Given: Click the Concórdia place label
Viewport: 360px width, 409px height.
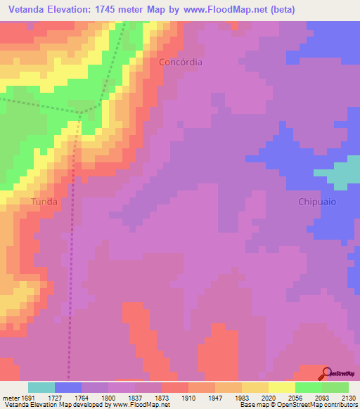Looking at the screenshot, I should coord(181,62).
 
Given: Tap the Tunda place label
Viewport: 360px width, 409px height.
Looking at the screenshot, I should coord(44,201).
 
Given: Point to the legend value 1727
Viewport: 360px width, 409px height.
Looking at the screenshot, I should coord(55,397).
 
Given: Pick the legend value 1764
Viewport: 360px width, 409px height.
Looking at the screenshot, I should coord(82,397).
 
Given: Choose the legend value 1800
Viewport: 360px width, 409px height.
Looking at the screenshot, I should coord(108,397).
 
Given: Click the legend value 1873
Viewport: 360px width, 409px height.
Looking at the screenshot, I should coord(162,397).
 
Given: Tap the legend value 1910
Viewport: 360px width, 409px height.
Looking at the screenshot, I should coord(188,397).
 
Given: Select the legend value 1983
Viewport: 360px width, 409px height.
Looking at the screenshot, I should coord(242,397).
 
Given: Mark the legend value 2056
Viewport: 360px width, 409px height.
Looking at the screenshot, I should coord(295,397).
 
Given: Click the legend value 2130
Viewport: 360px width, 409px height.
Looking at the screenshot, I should coord(348,397).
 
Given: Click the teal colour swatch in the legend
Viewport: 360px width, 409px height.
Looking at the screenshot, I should coord(41,387).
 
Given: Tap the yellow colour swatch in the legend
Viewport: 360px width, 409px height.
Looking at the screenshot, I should coord(281,387).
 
